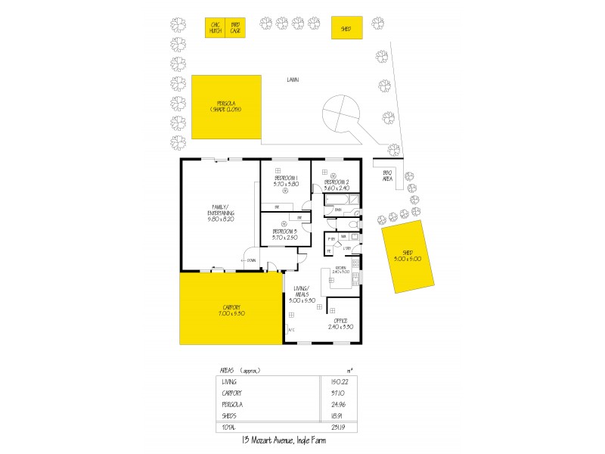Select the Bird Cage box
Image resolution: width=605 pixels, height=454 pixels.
pos(235,28)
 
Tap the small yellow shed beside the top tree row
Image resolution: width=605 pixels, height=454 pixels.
pos(346,28)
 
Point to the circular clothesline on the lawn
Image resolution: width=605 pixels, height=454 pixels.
pos(340,114)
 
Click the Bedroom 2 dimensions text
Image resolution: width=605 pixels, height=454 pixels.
pos(337,187)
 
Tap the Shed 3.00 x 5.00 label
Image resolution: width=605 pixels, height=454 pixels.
pos(412,255)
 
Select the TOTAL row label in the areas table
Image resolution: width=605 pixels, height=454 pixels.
pos(228,428)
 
